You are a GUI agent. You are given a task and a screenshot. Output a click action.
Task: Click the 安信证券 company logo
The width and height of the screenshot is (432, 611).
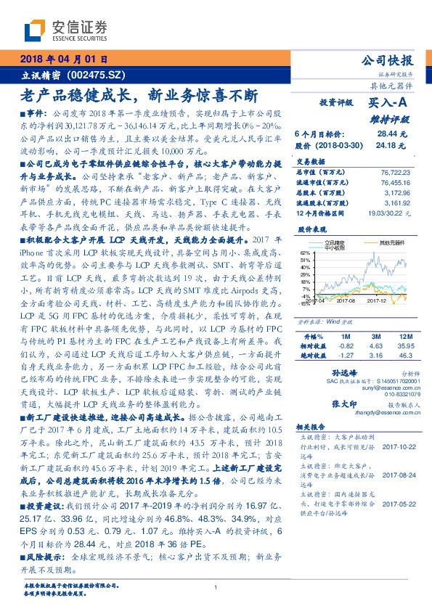[x=66, y=29]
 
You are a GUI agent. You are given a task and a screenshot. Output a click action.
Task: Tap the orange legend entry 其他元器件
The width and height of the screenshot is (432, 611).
[x=386, y=242]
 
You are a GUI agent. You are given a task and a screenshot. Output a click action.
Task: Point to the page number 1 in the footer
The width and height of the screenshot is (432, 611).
[x=216, y=587]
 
